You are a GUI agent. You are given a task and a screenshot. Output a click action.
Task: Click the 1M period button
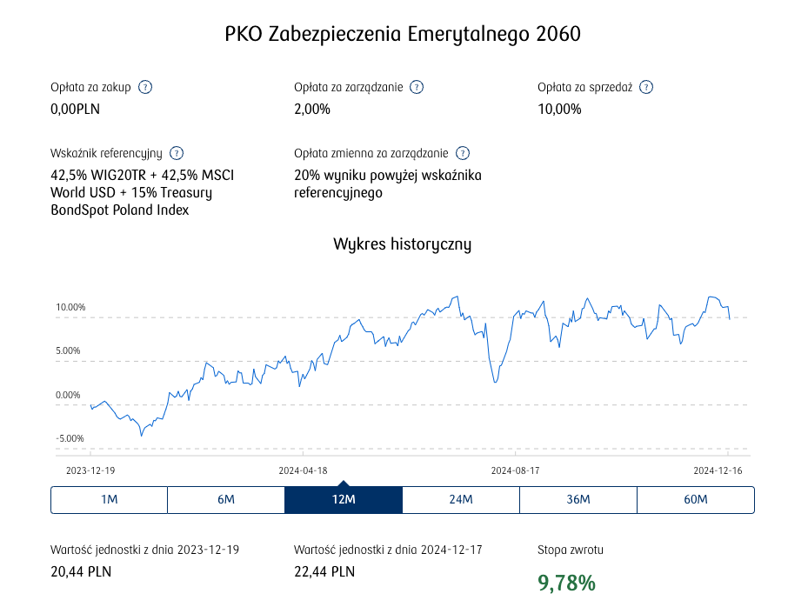point(109,499)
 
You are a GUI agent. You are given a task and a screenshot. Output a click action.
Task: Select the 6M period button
point(226,499)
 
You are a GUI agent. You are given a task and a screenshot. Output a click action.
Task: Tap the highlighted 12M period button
point(344,499)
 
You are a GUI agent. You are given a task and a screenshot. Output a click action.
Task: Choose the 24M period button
point(461,499)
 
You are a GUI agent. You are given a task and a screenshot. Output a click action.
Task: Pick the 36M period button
point(578,499)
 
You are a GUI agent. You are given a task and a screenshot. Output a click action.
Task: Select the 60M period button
point(696,499)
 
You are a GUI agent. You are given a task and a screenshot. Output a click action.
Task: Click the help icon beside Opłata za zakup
point(145,87)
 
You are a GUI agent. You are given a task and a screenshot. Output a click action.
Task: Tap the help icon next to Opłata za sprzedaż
point(646,87)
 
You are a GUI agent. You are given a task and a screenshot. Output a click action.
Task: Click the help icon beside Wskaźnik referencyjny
point(177,153)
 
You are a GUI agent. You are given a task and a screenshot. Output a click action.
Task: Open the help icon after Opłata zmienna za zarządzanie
point(463,153)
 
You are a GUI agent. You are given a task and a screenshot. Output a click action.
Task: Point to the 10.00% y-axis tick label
point(70,307)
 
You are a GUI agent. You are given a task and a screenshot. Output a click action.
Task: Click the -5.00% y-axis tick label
point(70,438)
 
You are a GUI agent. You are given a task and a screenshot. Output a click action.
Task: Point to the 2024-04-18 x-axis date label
point(303,470)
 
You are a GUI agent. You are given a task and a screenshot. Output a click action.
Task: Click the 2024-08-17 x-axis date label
point(516,470)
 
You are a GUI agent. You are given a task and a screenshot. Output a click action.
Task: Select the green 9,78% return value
point(567,583)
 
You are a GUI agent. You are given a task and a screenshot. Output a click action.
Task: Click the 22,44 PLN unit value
point(324,571)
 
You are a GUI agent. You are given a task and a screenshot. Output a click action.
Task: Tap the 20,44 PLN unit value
point(81,571)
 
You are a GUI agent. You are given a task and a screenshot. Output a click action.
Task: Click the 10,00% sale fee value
point(559,109)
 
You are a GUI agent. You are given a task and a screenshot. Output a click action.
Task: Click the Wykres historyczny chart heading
point(403,243)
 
